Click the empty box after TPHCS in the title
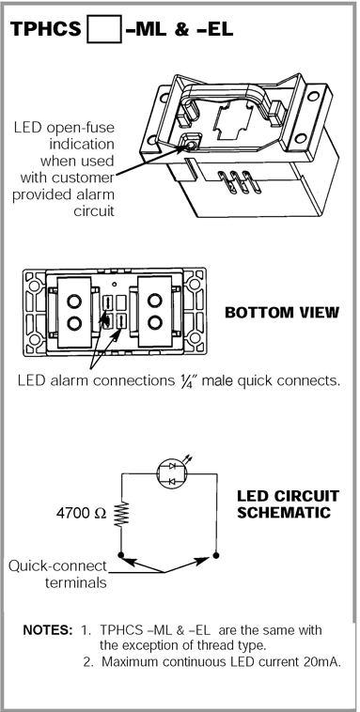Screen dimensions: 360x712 [x=104, y=28]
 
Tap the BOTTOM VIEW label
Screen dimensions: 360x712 [x=282, y=313]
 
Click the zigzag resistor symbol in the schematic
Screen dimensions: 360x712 [x=122, y=514]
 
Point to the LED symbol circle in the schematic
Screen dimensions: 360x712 [x=172, y=474]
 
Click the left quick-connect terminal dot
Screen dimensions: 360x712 [x=121, y=555]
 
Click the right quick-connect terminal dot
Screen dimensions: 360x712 [x=216, y=555]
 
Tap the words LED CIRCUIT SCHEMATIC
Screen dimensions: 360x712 [x=289, y=504]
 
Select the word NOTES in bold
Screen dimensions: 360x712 [x=47, y=630]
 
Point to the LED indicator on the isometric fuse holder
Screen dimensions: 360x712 [x=190, y=146]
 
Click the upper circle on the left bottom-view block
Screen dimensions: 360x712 [x=74, y=301]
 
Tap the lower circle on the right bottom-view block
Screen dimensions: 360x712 [x=155, y=322]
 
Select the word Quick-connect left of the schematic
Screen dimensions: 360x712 [x=57, y=566]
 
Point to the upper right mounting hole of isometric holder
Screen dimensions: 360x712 [x=313, y=96]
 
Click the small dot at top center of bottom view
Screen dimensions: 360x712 [x=115, y=285]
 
